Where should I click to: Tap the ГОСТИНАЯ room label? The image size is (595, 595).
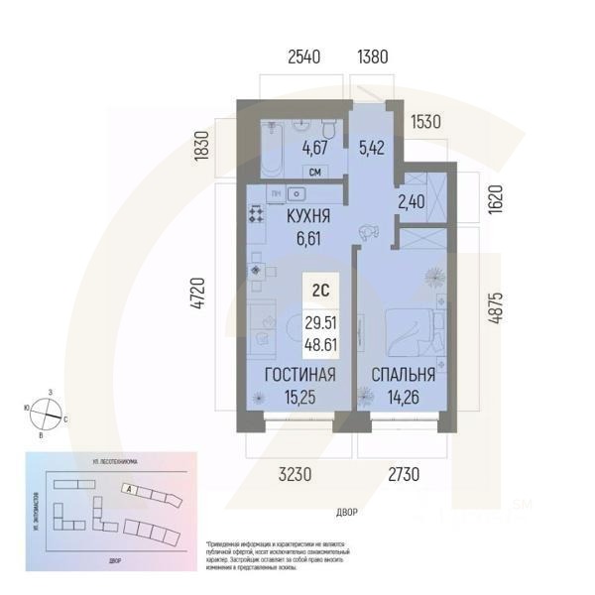tap(297, 375)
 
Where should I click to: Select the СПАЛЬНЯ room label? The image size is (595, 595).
tap(404, 375)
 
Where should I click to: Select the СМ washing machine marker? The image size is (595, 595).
tap(314, 170)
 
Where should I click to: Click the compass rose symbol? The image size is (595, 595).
tap(47, 409)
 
